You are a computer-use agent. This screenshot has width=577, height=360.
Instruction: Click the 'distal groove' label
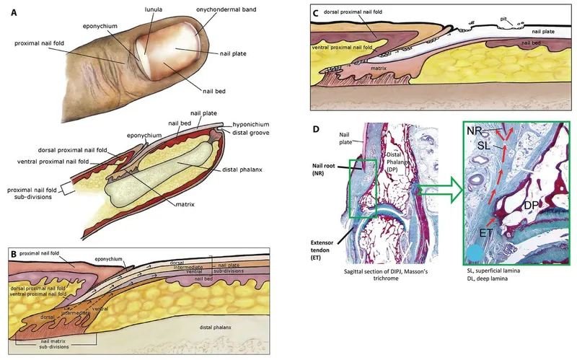(244, 133)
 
